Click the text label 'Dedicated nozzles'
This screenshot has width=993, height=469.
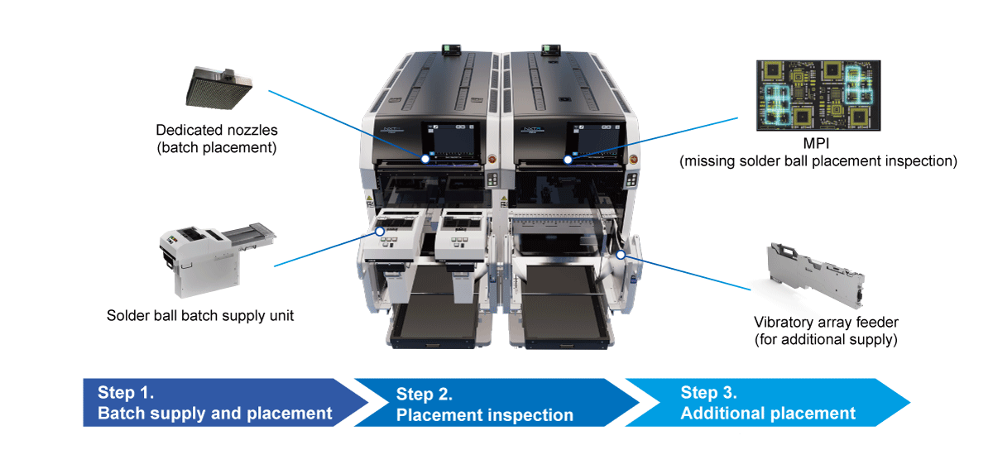(217, 130)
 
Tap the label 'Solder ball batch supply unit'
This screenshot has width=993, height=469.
(200, 316)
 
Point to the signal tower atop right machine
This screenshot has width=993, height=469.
(550, 49)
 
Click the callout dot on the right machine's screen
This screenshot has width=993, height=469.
(568, 158)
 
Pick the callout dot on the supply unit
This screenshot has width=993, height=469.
(380, 231)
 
